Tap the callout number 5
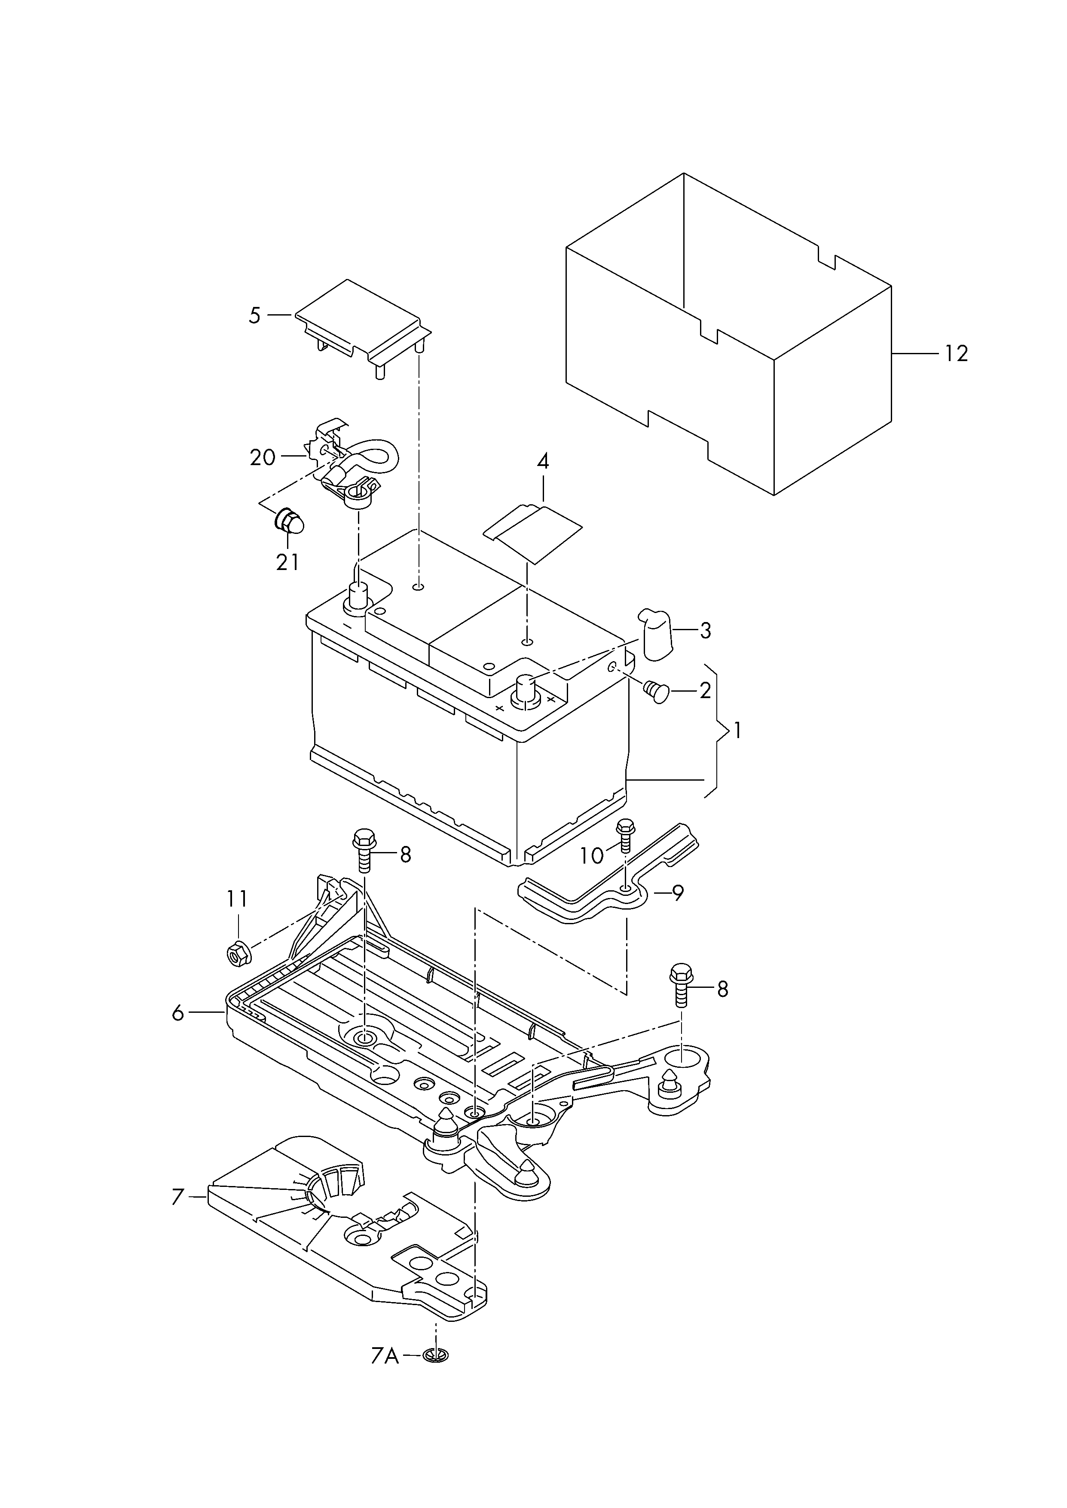tap(255, 316)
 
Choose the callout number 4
tap(543, 461)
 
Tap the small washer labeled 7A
tap(432, 1355)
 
